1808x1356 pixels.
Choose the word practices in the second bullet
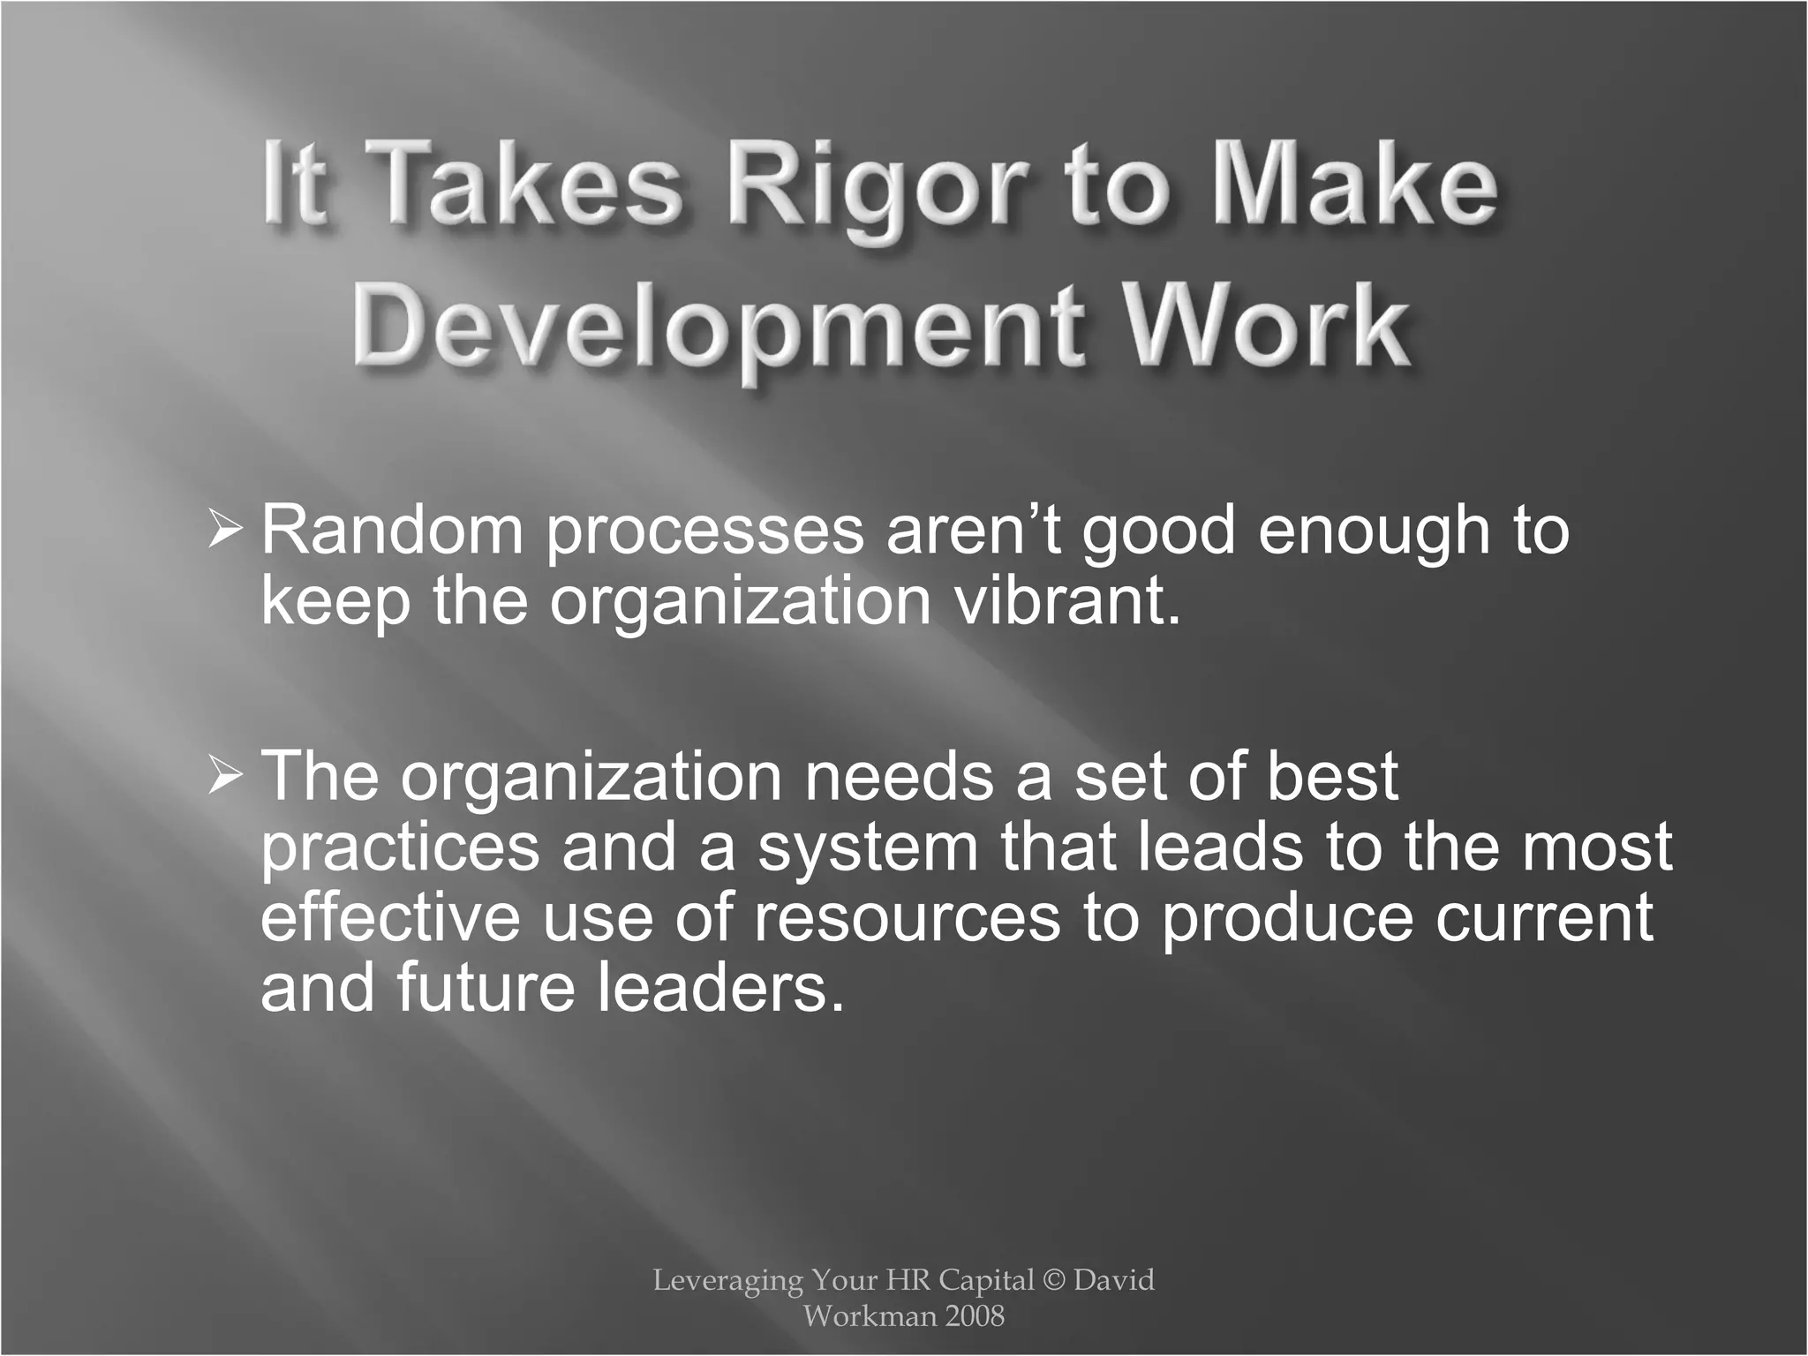(400, 847)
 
